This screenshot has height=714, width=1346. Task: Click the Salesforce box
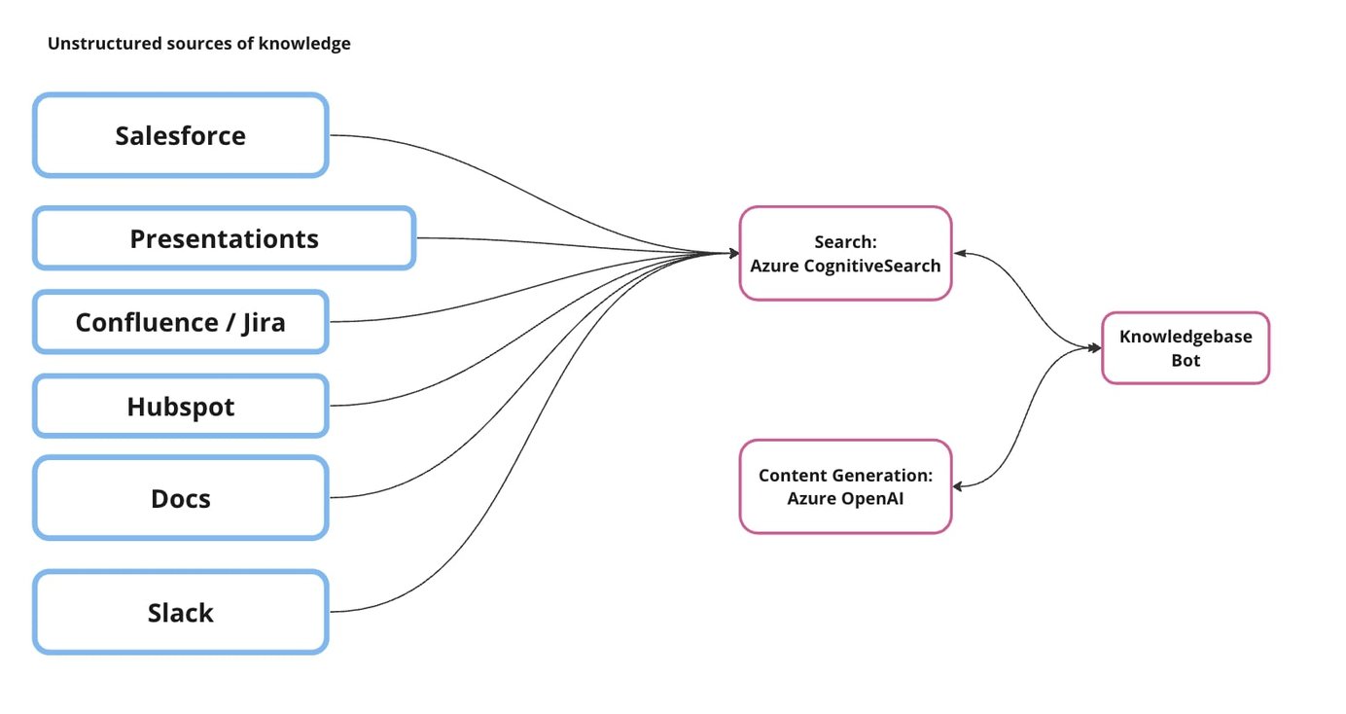click(x=181, y=135)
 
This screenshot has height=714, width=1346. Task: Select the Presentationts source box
click(x=224, y=238)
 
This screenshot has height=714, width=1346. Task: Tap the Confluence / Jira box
click(x=181, y=322)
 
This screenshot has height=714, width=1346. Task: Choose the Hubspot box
click(x=181, y=406)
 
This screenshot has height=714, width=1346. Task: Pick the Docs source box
click(x=181, y=499)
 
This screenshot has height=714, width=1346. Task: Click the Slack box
click(x=181, y=613)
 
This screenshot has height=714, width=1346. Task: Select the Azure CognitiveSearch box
click(x=845, y=253)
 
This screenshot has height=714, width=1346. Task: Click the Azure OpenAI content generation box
click(x=845, y=486)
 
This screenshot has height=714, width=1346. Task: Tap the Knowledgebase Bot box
click(x=1185, y=348)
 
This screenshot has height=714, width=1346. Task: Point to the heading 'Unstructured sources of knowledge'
click(x=199, y=44)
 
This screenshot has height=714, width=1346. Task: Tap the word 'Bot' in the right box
click(x=1186, y=360)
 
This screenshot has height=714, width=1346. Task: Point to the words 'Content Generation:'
click(x=845, y=476)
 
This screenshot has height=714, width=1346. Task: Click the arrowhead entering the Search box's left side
click(x=732, y=253)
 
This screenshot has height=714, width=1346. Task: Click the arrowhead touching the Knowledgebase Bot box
click(x=1094, y=347)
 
